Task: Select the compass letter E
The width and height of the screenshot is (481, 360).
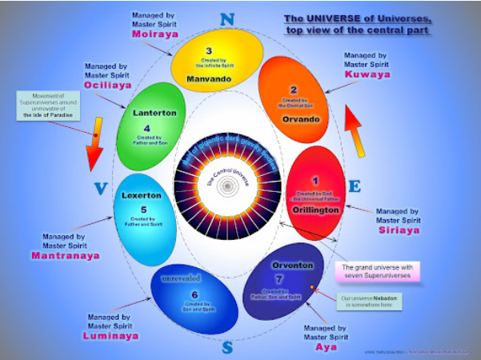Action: coord(354,186)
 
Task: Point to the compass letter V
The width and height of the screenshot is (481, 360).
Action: coord(100,190)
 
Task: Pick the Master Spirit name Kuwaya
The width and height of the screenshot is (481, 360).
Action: coord(367,74)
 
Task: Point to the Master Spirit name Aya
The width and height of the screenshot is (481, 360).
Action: coord(326,348)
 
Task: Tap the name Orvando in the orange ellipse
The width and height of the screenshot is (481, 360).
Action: coord(300,119)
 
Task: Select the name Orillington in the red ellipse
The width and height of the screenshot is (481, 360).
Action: coord(315,209)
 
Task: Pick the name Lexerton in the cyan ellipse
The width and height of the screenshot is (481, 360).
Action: coord(142,194)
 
